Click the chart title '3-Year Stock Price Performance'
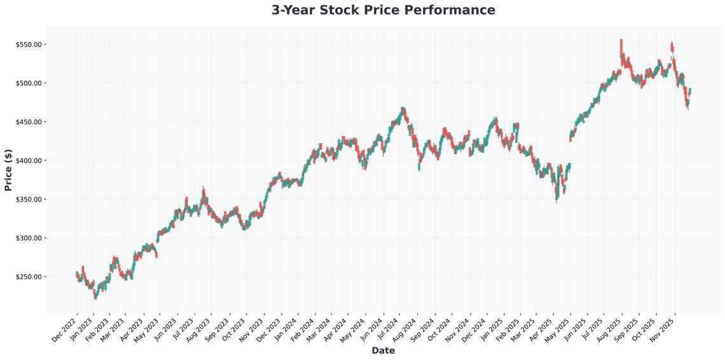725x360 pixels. [383, 10]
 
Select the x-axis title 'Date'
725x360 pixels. [383, 350]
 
